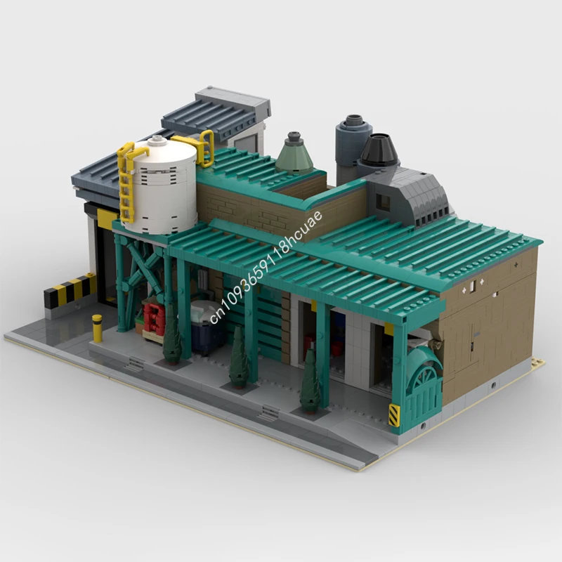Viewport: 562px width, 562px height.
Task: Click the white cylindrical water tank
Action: click(x=159, y=186)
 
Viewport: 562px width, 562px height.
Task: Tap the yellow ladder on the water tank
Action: click(x=126, y=183)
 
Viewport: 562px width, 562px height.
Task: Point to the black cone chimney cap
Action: click(x=379, y=149)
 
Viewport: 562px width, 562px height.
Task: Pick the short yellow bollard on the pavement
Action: click(x=97, y=328)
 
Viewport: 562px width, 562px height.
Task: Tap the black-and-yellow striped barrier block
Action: click(x=70, y=289)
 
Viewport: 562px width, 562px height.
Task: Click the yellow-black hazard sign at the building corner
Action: click(x=394, y=414)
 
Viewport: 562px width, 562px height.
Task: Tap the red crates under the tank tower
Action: click(x=154, y=318)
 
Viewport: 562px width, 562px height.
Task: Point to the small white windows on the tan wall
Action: click(x=477, y=285)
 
